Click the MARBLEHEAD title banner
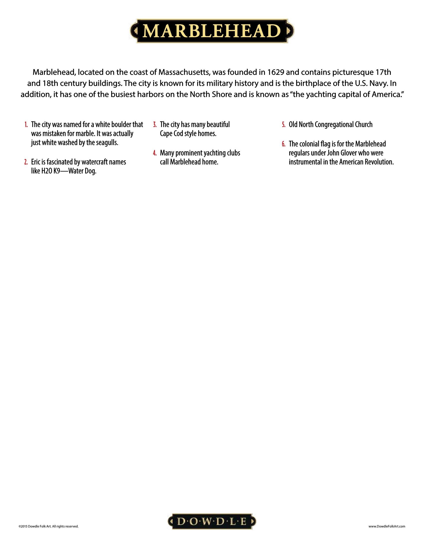click(x=212, y=31)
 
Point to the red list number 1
click(x=26, y=125)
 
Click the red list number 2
click(x=26, y=162)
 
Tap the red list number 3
click(x=155, y=125)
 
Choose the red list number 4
click(x=155, y=153)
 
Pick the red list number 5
click(x=284, y=125)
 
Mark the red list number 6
click(x=284, y=144)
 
